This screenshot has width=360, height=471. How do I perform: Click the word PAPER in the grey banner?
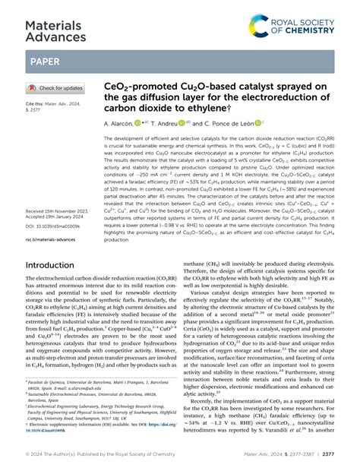coord(47,62)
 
